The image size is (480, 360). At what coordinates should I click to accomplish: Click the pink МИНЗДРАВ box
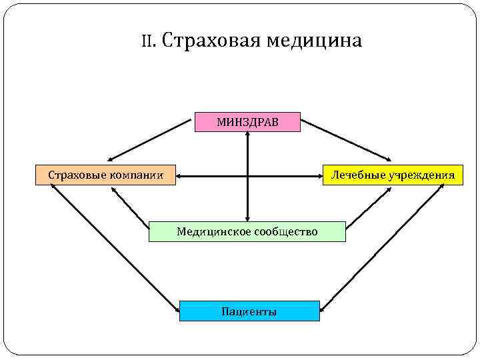pos(247,122)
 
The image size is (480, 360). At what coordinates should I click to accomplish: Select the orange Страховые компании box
pos(105,175)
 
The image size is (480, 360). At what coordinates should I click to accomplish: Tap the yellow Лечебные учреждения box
pos(393,175)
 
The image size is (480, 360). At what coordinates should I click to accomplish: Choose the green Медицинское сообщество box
pos(247,231)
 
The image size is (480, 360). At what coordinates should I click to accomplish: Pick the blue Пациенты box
pos(249,311)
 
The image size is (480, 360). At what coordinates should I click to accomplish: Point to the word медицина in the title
pos(314,41)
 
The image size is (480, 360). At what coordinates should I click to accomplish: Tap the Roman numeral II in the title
pos(148,41)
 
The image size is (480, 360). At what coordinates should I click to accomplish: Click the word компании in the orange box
pos(139,175)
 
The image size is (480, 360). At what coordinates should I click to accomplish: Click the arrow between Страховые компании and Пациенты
pos(113,247)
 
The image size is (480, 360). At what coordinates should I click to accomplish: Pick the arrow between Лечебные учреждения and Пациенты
pos(383,247)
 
